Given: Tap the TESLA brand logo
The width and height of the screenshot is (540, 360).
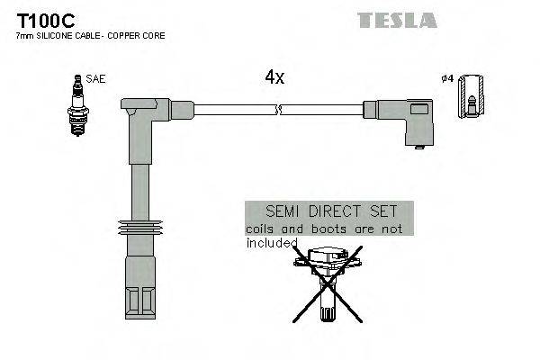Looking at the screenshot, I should [x=397, y=20].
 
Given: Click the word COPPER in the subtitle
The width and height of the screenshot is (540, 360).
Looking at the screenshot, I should [x=128, y=35].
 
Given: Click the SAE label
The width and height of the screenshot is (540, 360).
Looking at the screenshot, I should [x=97, y=79].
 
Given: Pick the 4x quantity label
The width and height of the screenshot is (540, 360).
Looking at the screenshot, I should [x=274, y=77].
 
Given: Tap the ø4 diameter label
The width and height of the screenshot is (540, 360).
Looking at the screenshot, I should [x=446, y=79].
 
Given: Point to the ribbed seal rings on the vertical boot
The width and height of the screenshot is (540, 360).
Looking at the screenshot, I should [x=139, y=228].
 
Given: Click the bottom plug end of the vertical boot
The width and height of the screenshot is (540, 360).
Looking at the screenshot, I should [x=139, y=292].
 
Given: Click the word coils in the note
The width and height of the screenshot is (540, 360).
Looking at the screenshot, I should [x=262, y=229].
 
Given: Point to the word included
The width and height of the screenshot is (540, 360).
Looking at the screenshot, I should [x=272, y=242].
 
